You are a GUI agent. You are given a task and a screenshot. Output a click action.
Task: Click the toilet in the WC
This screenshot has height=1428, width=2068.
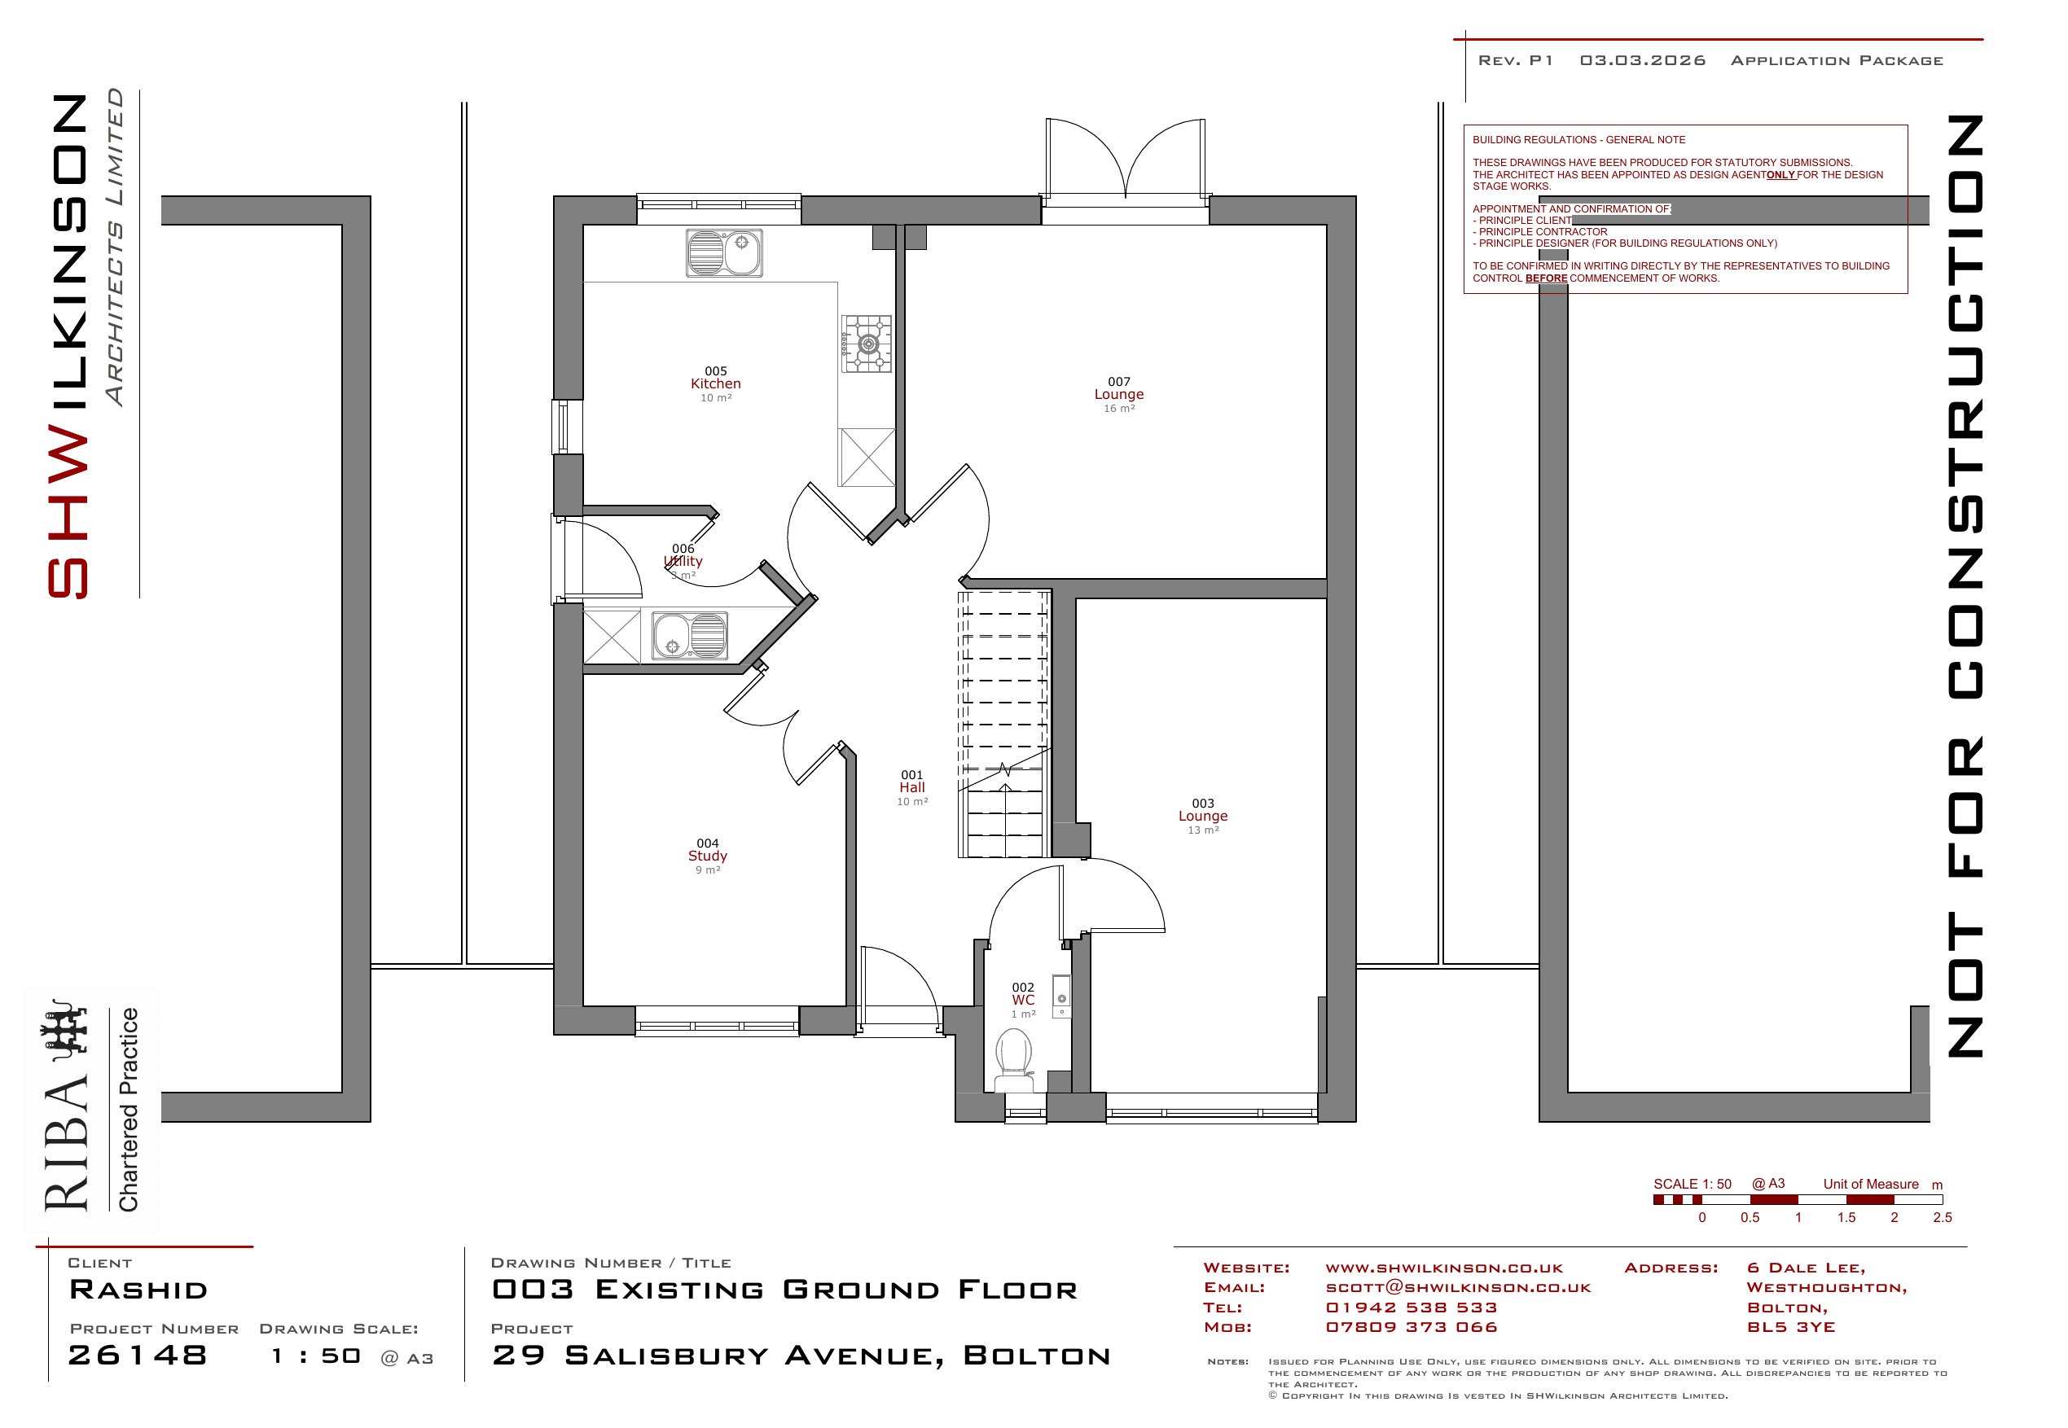pyautogui.click(x=1013, y=1060)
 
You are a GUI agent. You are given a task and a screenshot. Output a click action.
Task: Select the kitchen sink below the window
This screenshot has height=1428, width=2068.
pyautogui.click(x=724, y=253)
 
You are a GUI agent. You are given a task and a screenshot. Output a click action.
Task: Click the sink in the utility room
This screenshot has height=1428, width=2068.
pyautogui.click(x=689, y=635)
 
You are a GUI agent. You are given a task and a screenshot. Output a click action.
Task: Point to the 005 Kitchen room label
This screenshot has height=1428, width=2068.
pyautogui.click(x=716, y=383)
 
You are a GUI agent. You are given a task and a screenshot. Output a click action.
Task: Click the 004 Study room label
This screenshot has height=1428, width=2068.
pyautogui.click(x=708, y=856)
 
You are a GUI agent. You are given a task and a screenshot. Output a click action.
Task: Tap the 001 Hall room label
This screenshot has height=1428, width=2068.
pyautogui.click(x=912, y=788)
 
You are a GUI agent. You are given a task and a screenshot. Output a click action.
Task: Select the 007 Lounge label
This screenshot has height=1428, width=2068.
pyautogui.click(x=1118, y=395)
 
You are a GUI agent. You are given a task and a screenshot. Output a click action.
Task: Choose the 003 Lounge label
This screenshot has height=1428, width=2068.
pyautogui.click(x=1203, y=817)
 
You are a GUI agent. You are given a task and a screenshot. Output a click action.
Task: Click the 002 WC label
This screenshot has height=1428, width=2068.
pyautogui.click(x=1023, y=1001)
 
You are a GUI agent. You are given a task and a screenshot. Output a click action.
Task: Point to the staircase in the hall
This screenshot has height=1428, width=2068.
pyautogui.click(x=1004, y=723)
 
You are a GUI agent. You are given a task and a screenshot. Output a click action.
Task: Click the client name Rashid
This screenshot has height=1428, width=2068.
pyautogui.click(x=138, y=1290)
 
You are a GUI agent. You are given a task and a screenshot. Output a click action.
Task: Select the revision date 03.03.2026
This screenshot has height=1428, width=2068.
pyautogui.click(x=1642, y=61)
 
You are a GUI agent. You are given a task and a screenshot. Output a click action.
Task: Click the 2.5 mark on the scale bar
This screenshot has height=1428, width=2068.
pyautogui.click(x=1942, y=1218)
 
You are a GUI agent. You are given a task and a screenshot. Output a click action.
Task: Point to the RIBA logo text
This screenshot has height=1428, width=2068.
pyautogui.click(x=68, y=1145)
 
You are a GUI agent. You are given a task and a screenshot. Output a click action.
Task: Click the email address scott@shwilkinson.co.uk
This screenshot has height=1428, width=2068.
pyautogui.click(x=1458, y=1287)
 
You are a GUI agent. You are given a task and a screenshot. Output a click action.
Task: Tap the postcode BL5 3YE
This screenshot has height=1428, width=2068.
pyautogui.click(x=1790, y=1327)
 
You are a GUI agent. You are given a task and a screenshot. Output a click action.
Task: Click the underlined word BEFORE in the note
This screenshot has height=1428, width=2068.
pyautogui.click(x=1546, y=278)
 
